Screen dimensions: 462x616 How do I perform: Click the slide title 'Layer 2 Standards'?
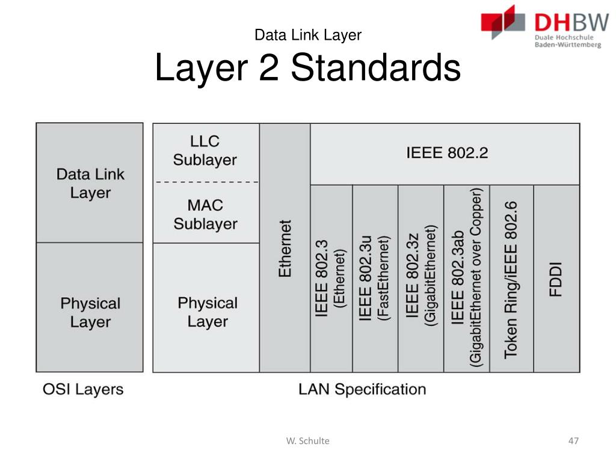pyautogui.click(x=307, y=68)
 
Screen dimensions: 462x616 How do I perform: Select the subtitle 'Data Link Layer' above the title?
pyautogui.click(x=307, y=35)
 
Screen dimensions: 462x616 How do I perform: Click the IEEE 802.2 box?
pyautogui.click(x=445, y=153)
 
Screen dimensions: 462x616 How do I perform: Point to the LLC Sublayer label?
pyautogui.click(x=205, y=151)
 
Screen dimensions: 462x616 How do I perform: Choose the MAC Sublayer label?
pyautogui.click(x=205, y=214)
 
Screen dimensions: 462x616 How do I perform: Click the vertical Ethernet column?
pyautogui.click(x=285, y=248)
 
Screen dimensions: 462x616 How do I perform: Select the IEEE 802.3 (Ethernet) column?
pyautogui.click(x=331, y=279)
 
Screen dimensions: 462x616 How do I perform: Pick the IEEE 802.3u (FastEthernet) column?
pyautogui.click(x=375, y=279)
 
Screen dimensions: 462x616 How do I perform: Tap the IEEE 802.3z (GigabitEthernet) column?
pyautogui.click(x=420, y=279)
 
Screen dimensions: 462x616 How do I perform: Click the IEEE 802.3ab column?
pyautogui.click(x=467, y=279)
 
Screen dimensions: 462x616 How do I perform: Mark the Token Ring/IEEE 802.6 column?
pyautogui.click(x=511, y=279)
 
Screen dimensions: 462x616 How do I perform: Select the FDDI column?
pyautogui.click(x=556, y=279)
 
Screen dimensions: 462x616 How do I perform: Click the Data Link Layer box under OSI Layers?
pyautogui.click(x=90, y=183)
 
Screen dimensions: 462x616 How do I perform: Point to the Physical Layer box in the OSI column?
pyautogui.click(x=90, y=312)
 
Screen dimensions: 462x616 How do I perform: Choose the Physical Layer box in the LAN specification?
pyautogui.click(x=207, y=312)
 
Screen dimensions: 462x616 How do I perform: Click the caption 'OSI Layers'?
pyautogui.click(x=83, y=389)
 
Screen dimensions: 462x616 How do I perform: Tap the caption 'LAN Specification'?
pyautogui.click(x=362, y=389)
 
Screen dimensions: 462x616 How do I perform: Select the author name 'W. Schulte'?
pyautogui.click(x=307, y=441)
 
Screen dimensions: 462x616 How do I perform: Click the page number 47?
pyautogui.click(x=573, y=441)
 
